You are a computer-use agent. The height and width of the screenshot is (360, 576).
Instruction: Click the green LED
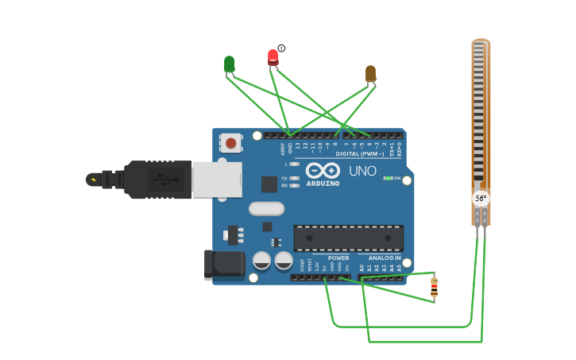(x=229, y=64)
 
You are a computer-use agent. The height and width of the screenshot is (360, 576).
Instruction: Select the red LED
(x=273, y=56)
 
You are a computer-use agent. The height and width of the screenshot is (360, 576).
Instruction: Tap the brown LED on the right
(x=370, y=74)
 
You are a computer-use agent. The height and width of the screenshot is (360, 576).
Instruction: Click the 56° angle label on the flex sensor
(x=481, y=198)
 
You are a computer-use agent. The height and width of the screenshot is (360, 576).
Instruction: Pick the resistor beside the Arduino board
(x=434, y=288)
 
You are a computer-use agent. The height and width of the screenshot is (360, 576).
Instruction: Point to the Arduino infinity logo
(x=323, y=170)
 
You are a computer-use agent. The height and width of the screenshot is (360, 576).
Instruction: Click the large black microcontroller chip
(x=348, y=238)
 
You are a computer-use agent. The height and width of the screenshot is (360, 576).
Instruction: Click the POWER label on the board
(x=338, y=258)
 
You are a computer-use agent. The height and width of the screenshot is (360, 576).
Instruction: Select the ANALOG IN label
(x=385, y=258)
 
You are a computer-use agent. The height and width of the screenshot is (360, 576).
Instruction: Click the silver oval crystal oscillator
(x=266, y=208)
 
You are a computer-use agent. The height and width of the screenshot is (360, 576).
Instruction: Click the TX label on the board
(x=284, y=178)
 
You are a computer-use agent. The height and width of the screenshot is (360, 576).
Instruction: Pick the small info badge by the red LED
(x=281, y=48)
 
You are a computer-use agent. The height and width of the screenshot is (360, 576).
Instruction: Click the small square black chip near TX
(x=269, y=184)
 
